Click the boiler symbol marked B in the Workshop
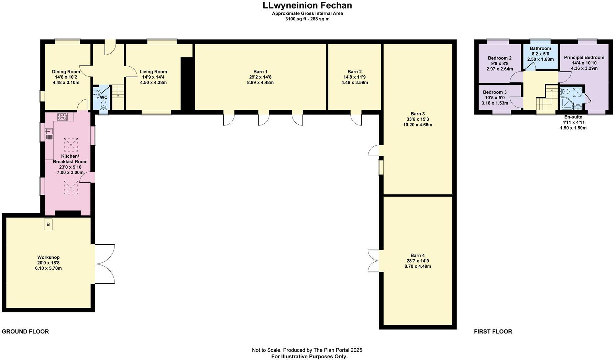tap(48, 225)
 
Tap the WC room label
tap(104, 97)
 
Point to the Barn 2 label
tap(354, 72)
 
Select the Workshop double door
tap(104, 264)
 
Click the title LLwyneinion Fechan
tap(307, 5)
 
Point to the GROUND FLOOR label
tap(25, 331)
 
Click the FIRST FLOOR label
tap(493, 331)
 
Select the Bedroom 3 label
tap(495, 92)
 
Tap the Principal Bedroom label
tap(584, 57)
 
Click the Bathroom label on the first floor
tap(540, 48)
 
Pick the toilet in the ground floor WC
tap(103, 104)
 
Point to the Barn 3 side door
tap(374, 151)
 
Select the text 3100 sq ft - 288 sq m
tap(307, 19)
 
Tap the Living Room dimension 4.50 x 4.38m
tap(153, 82)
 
